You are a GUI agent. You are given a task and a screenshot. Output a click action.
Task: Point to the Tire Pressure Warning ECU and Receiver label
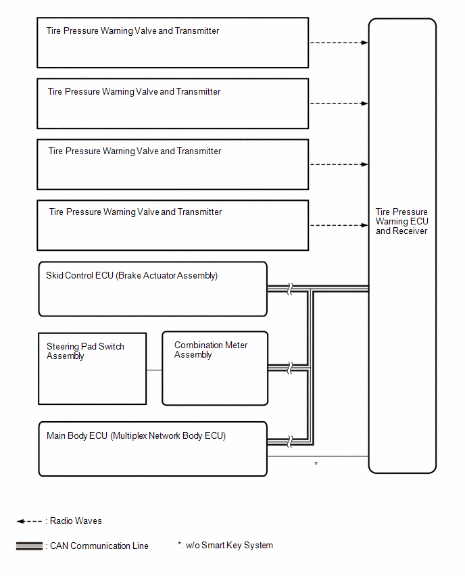[402, 221]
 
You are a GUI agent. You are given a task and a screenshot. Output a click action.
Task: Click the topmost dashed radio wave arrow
[339, 43]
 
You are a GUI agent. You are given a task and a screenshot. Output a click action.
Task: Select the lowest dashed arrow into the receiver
[339, 225]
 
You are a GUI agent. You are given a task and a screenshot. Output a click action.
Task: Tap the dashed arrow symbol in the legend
[29, 521]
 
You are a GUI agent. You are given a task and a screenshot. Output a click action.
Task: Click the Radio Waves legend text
[76, 521]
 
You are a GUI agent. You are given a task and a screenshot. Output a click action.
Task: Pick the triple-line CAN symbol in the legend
[29, 546]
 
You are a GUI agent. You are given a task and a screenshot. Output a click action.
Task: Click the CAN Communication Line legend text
[99, 546]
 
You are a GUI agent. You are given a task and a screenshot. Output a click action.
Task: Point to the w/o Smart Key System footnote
[226, 545]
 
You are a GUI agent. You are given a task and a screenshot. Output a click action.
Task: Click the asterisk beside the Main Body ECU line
[316, 464]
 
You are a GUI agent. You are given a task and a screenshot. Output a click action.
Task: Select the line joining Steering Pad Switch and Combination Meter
[154, 370]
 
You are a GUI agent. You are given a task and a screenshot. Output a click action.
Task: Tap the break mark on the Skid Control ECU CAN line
[290, 289]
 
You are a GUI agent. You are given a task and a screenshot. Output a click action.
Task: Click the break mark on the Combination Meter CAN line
[290, 368]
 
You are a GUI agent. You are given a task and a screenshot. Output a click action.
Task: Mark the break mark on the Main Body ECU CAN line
[290, 441]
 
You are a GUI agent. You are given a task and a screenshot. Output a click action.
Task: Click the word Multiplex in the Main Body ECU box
[130, 435]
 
